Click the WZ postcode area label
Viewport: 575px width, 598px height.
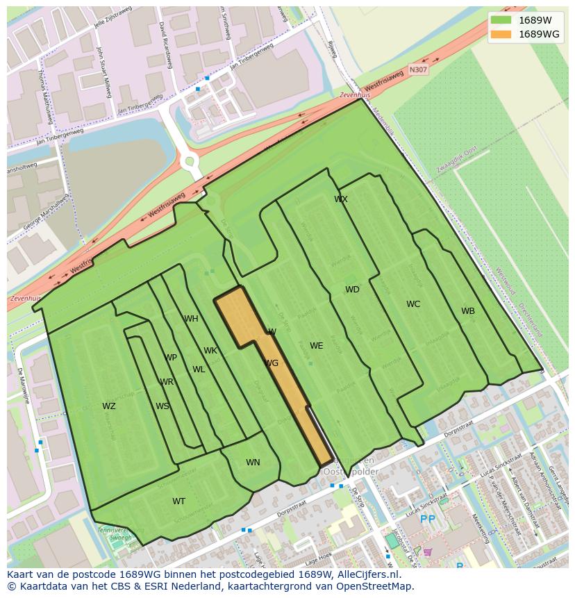tap(109, 406)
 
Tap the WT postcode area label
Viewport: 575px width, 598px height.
tap(179, 501)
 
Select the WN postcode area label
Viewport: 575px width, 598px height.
tap(253, 463)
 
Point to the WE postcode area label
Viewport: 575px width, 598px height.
tap(317, 346)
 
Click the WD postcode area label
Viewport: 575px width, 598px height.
tap(353, 290)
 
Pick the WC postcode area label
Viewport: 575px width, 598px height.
tap(413, 304)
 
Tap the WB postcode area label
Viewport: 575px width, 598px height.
tap(468, 311)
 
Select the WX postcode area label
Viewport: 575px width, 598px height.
tap(341, 199)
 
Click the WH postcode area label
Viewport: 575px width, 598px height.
tap(191, 319)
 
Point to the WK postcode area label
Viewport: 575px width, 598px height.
tap(210, 351)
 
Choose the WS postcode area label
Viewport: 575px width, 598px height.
tap(162, 406)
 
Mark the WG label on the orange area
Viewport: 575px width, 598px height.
tap(272, 363)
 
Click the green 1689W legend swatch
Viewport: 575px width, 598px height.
tap(501, 20)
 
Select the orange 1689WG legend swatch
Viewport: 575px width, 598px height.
tap(501, 34)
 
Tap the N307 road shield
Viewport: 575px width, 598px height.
tap(418, 69)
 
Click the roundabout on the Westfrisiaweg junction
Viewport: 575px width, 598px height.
tap(188, 162)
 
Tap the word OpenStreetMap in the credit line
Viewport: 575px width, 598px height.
tap(378, 586)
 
